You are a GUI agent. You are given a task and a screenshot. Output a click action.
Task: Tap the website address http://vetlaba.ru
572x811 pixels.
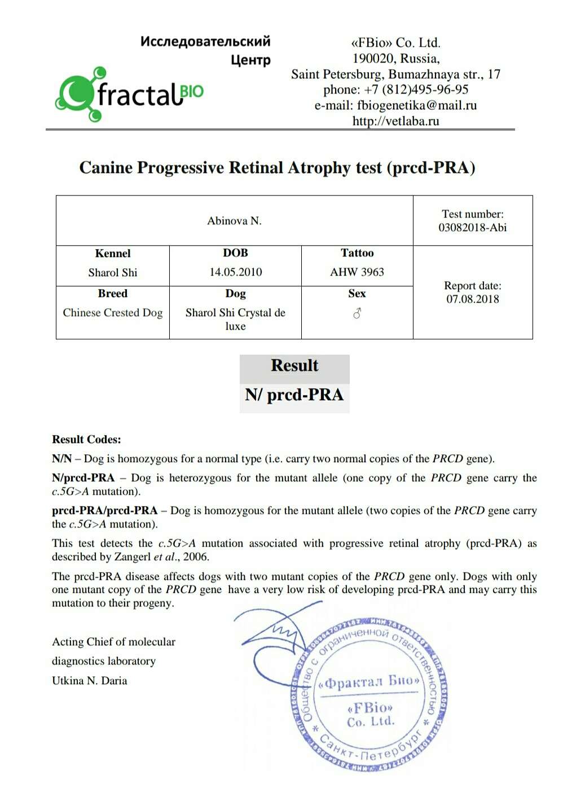(395, 121)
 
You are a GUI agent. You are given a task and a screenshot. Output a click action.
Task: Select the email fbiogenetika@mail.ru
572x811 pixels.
(416, 105)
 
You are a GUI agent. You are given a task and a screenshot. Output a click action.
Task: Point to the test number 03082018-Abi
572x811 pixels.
(472, 228)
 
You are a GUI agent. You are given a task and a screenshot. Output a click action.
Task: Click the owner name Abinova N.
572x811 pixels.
(234, 221)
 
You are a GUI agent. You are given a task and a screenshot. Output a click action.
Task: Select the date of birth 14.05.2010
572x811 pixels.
(235, 272)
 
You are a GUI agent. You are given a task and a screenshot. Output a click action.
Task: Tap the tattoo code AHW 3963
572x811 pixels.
(357, 272)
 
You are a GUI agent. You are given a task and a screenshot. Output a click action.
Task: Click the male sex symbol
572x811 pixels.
(357, 313)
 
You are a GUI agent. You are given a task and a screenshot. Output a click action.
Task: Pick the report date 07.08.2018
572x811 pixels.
(472, 299)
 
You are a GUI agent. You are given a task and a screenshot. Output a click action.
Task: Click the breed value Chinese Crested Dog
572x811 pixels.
(112, 313)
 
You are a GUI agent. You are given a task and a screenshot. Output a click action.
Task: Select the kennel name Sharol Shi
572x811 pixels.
(112, 273)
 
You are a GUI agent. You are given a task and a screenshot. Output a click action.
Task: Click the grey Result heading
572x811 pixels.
(294, 366)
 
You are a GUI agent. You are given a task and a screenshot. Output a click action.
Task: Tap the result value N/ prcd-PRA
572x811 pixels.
(294, 395)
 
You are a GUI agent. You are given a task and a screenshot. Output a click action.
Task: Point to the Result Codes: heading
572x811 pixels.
(86, 440)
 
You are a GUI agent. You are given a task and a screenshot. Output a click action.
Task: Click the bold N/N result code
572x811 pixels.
(61, 459)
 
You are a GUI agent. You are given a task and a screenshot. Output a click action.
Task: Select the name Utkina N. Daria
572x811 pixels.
(89, 681)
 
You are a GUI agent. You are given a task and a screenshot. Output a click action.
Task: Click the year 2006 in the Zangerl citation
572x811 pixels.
(196, 557)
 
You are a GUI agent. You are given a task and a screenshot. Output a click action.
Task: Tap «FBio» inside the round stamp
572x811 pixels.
(370, 708)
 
